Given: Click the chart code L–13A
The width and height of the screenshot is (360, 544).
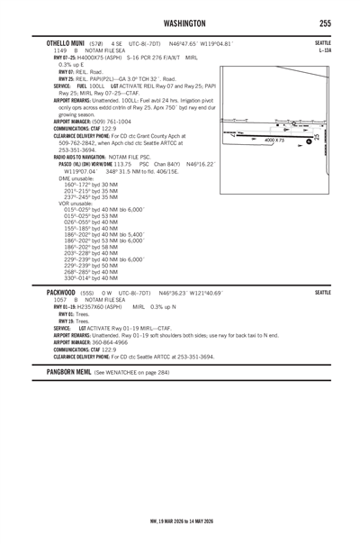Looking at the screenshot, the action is [324, 51].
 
